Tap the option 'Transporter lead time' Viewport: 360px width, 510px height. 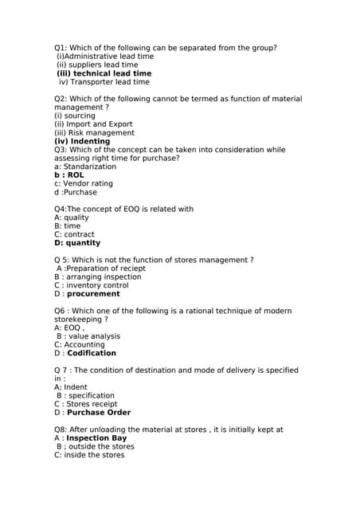tap(109, 82)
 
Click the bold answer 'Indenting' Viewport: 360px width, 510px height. tap(90, 141)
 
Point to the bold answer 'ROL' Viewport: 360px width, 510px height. tap(76, 175)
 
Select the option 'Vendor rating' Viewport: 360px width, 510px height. tap(88, 183)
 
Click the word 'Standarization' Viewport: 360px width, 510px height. tap(90, 167)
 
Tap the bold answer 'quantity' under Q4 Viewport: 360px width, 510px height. tap(84, 243)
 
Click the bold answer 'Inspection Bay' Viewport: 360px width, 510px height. tap(96, 438)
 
